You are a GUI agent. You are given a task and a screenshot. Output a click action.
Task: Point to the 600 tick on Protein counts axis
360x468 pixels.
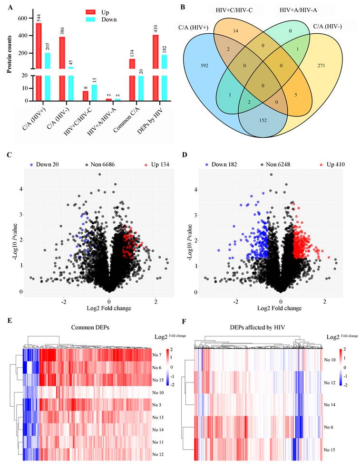coord(23,18)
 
